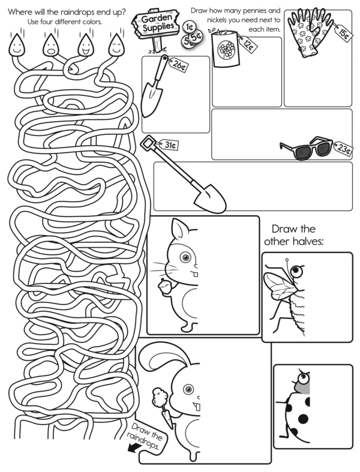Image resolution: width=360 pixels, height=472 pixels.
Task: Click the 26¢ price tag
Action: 178,65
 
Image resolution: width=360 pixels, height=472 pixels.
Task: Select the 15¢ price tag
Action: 343,33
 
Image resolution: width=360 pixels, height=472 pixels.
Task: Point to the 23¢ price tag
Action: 343,148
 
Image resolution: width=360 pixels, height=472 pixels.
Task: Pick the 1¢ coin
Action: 189,28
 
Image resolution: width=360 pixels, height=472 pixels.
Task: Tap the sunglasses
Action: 307,148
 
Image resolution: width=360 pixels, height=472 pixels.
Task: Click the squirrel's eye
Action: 185,257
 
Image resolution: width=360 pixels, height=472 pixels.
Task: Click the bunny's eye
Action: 188,389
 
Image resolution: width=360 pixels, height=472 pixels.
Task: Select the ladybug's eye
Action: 304,378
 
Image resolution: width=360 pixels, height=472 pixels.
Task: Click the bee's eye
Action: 297,271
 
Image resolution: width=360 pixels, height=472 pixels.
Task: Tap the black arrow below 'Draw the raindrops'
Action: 133,448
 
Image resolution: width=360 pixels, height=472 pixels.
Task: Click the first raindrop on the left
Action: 17,45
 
